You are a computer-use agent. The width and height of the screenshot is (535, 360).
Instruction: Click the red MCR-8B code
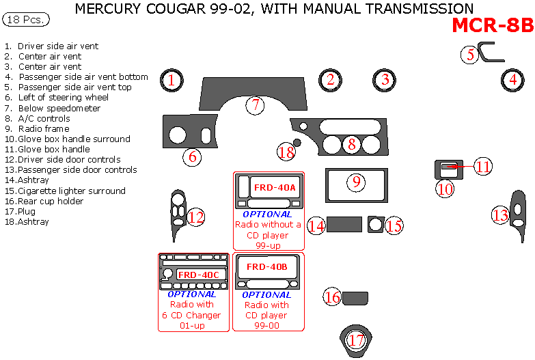[x=493, y=26]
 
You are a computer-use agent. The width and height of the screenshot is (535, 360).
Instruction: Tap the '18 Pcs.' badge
[x=26, y=20]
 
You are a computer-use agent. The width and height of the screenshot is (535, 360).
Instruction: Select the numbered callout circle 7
[x=255, y=105]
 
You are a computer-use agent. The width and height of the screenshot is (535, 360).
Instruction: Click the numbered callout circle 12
[x=196, y=217]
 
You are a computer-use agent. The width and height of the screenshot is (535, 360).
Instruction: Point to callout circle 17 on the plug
[x=355, y=340]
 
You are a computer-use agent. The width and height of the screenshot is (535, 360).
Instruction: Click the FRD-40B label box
[x=266, y=266]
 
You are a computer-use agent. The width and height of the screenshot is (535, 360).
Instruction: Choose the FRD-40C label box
[x=198, y=275]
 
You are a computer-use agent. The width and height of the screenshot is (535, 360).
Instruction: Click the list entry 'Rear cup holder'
[x=50, y=201]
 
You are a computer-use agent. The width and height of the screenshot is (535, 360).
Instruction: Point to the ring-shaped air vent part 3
[x=385, y=79]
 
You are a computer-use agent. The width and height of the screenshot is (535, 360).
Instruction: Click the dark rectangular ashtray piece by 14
[x=344, y=224]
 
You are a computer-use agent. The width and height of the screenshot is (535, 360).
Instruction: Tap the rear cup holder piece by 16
[x=355, y=297]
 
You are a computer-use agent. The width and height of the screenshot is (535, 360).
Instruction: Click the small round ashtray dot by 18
[x=297, y=143]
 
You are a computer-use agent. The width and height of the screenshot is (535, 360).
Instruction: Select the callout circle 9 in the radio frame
[x=357, y=182]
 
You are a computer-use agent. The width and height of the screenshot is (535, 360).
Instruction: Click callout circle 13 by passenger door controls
[x=501, y=216]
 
